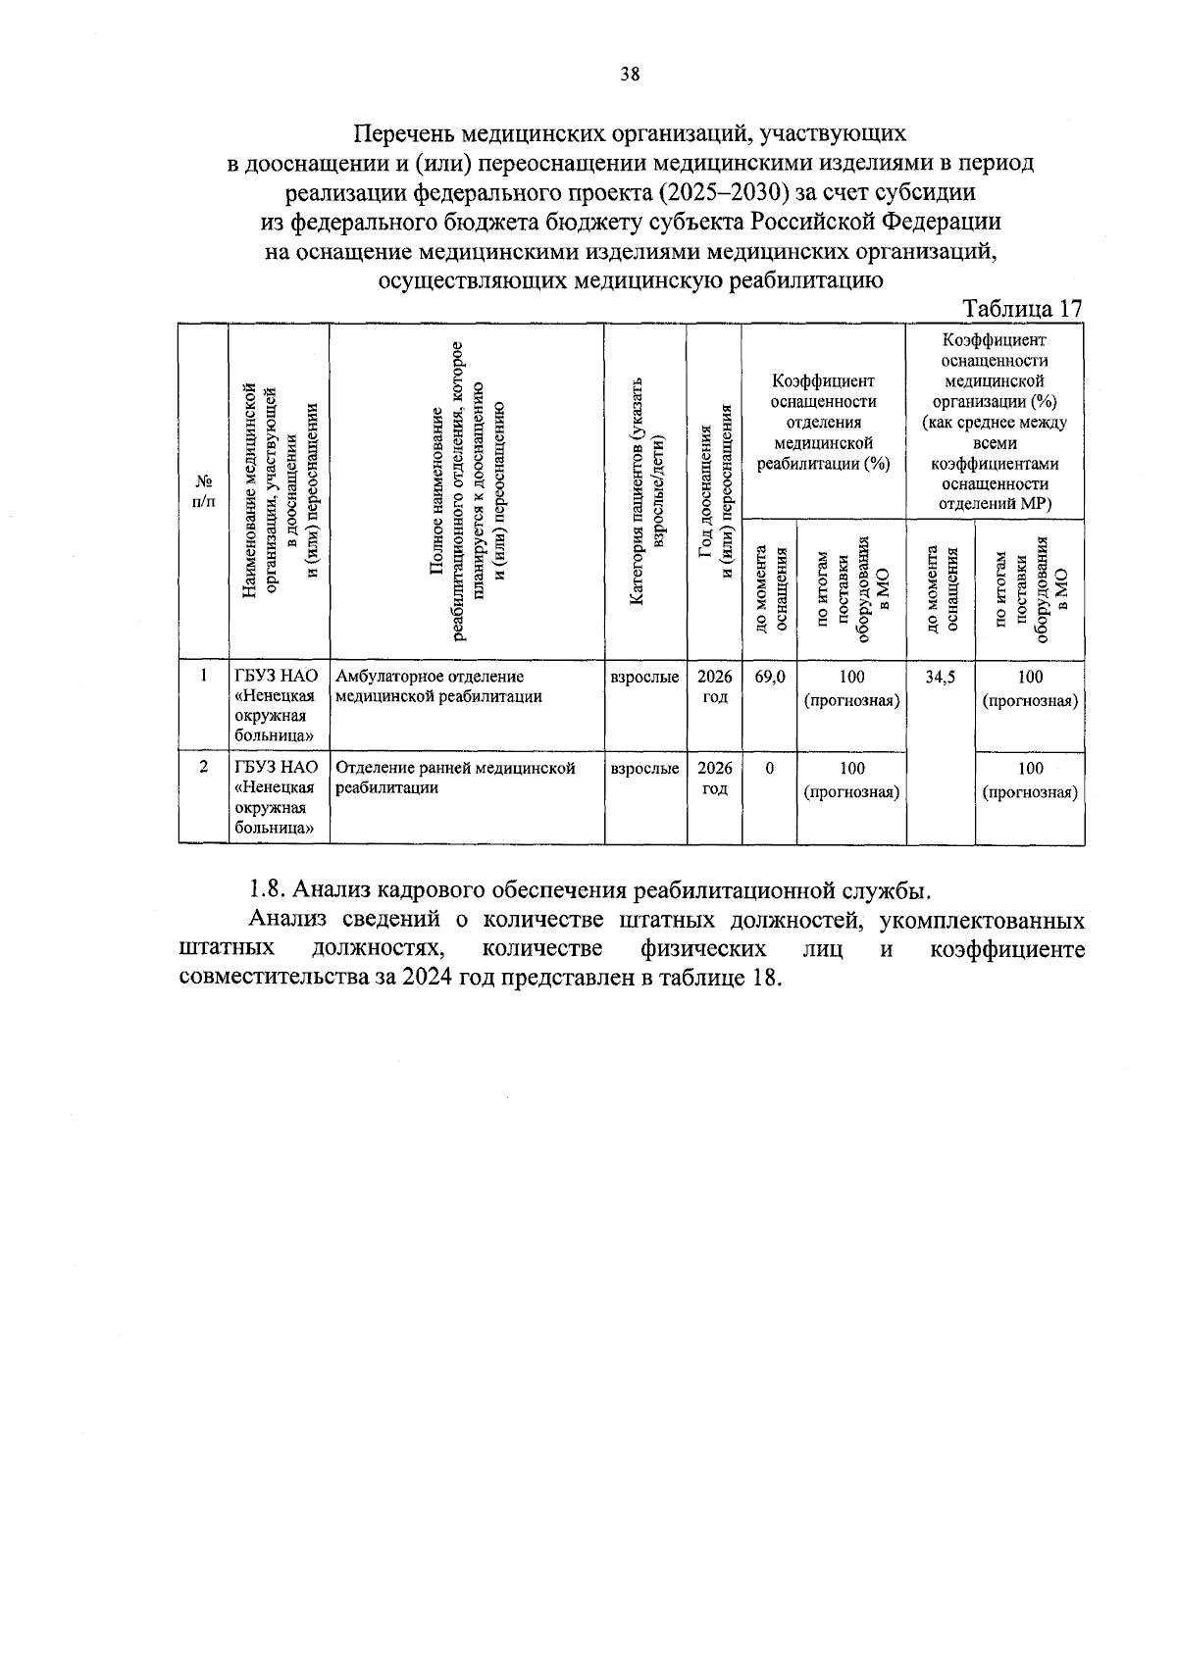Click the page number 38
point(630,75)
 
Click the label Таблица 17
point(1022,308)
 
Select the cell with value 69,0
point(770,677)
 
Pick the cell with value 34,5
point(940,677)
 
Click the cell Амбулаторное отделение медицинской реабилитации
point(438,686)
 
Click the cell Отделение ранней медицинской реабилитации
point(454,778)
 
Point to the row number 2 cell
point(203,768)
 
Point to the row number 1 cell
point(203,676)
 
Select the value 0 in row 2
point(770,769)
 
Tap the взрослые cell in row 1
point(644,677)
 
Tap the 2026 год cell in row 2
point(714,779)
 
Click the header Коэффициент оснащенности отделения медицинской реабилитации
point(823,423)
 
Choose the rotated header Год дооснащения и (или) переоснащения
point(714,490)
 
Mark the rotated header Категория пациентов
point(645,490)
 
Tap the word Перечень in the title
point(403,132)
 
